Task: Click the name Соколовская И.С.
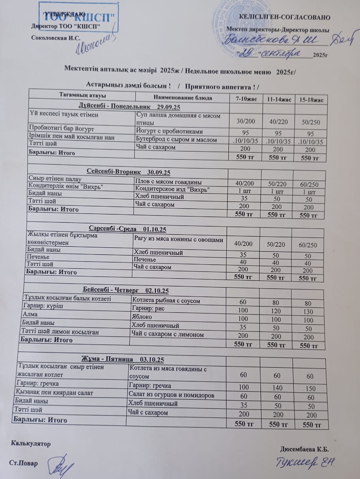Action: pyautogui.click(x=56, y=38)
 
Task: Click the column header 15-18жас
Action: pyautogui.click(x=311, y=100)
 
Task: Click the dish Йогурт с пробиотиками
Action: pyautogui.click(x=170, y=131)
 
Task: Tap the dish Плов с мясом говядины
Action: pyautogui.click(x=168, y=182)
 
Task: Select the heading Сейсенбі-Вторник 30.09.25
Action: pyautogui.click(x=129, y=172)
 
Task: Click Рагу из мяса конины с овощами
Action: pyautogui.click(x=178, y=240)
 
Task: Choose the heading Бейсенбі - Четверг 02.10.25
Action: pyautogui.click(x=126, y=290)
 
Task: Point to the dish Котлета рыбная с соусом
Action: pyautogui.click(x=166, y=300)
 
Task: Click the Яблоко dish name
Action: pyautogui.click(x=142, y=317)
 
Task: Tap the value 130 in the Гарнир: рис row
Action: pyautogui.click(x=308, y=311)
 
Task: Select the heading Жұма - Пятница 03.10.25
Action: pyautogui.click(x=123, y=359)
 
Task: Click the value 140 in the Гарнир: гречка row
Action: pyautogui.click(x=277, y=388)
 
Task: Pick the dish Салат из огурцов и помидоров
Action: pyautogui.click(x=171, y=395)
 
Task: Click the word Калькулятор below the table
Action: pyautogui.click(x=31, y=444)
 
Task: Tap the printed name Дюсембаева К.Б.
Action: pyautogui.click(x=304, y=449)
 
